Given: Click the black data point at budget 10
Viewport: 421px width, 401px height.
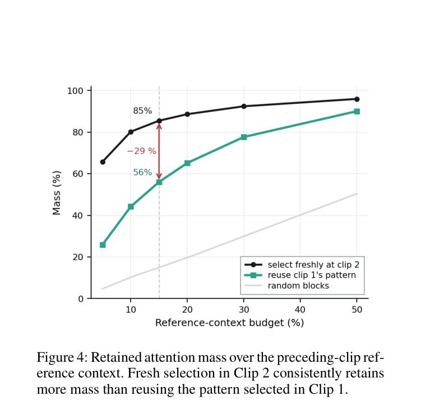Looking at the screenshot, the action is coord(131,132).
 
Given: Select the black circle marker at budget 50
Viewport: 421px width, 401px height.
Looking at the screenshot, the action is coord(357,99).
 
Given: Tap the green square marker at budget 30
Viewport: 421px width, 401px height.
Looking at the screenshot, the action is coord(244,137).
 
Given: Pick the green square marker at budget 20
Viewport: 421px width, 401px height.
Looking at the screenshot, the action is coord(187,163).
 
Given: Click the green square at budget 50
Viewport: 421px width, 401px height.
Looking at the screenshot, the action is coord(357,112).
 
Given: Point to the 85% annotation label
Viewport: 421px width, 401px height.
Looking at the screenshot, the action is coord(142,110).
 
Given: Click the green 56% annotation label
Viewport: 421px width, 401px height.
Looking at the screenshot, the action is coord(142,172).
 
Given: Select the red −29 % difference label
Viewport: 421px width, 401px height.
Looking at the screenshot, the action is coord(141,151).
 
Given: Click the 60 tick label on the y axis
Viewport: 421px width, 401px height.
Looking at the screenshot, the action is coord(78,174).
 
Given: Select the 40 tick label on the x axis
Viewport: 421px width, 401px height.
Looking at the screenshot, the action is coord(300,310).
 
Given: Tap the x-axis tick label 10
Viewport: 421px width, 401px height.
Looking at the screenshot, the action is coord(131,310).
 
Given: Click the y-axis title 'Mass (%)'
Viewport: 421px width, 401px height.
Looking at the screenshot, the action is coord(57,193).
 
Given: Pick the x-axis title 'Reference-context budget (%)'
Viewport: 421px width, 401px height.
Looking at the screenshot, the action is coord(230,322).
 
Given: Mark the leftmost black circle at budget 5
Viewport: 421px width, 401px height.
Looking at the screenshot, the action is coord(103,162).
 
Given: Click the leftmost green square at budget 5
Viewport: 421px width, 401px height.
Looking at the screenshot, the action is coord(103,245).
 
